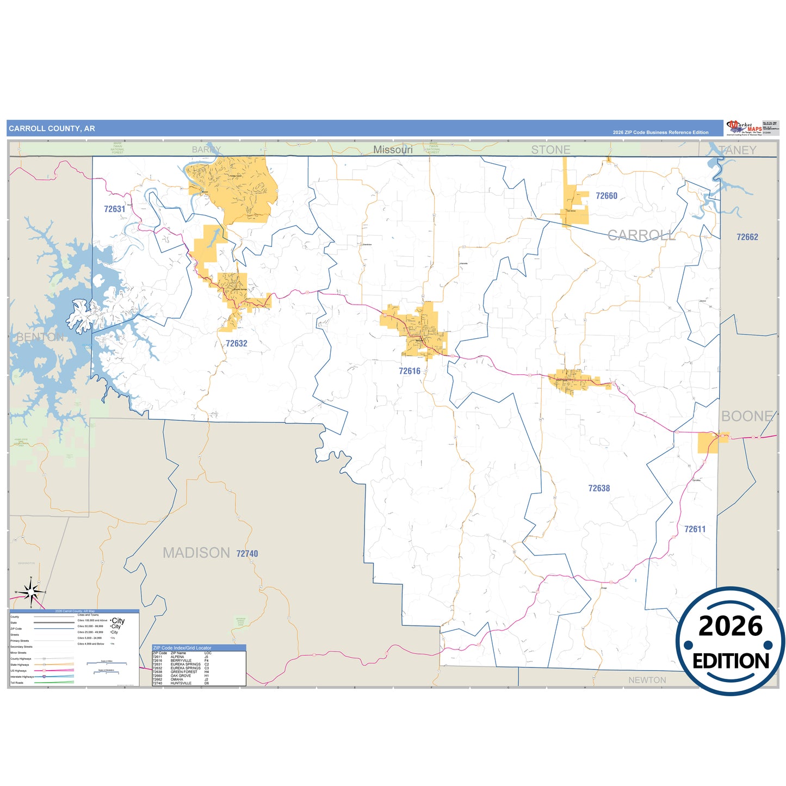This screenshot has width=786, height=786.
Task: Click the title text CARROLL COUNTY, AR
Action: tap(52, 129)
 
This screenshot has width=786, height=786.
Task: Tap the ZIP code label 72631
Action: tap(114, 209)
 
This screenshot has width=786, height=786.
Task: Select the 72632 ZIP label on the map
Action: tap(236, 343)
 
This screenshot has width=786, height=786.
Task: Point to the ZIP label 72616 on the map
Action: tap(409, 371)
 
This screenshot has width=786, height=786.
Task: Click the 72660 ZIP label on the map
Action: tap(606, 196)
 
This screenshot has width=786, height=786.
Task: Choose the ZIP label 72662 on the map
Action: tap(747, 237)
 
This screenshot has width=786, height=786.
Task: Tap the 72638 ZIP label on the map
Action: tap(599, 488)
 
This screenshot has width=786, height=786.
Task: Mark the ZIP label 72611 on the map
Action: tap(695, 529)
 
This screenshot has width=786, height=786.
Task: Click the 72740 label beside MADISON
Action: tap(247, 553)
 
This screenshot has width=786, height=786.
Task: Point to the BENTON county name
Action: tap(40, 337)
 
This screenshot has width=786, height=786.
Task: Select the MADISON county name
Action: tap(196, 553)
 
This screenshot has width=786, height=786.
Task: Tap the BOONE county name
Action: tap(746, 416)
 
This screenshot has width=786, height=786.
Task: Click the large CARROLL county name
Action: tap(641, 235)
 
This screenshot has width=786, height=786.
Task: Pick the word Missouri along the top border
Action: tap(393, 150)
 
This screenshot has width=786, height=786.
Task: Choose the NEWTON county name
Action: tap(647, 680)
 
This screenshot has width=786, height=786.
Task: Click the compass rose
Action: tap(31, 591)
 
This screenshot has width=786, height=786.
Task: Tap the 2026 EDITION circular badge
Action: tap(730, 641)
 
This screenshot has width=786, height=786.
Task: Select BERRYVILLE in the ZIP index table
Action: tap(181, 660)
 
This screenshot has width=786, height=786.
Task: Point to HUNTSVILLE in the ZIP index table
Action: tap(181, 683)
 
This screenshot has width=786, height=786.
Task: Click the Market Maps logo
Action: tap(744, 128)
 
